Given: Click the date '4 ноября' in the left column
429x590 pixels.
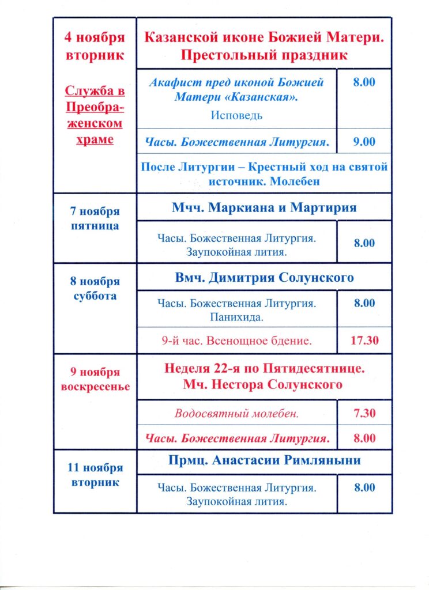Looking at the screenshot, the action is pyautogui.click(x=95, y=39).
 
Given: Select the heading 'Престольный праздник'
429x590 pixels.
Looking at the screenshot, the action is pyautogui.click(x=264, y=55).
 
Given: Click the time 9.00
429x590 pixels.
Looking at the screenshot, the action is pyautogui.click(x=364, y=142).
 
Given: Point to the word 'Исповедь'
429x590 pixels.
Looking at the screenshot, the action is pyautogui.click(x=236, y=115).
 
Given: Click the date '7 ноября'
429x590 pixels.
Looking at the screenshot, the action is pyautogui.click(x=95, y=211).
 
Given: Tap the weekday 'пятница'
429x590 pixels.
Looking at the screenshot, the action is pyautogui.click(x=95, y=226).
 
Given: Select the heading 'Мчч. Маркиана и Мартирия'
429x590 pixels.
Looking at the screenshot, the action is pyautogui.click(x=264, y=207).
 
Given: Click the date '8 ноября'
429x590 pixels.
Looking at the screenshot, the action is pyautogui.click(x=95, y=282).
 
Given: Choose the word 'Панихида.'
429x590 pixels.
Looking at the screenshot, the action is pyautogui.click(x=236, y=317).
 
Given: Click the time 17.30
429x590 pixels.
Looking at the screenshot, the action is pyautogui.click(x=364, y=341).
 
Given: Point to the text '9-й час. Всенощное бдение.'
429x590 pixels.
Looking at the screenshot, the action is pyautogui.click(x=236, y=341).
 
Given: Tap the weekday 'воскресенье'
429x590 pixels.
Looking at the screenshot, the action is pyautogui.click(x=95, y=386).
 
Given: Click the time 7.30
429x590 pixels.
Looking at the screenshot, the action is pyautogui.click(x=364, y=414).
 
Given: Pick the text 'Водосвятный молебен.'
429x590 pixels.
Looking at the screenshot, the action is pyautogui.click(x=236, y=414).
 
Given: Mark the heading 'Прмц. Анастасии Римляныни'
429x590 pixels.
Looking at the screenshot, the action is pyautogui.click(x=265, y=460).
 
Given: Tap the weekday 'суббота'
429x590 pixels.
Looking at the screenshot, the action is pyautogui.click(x=95, y=296).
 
